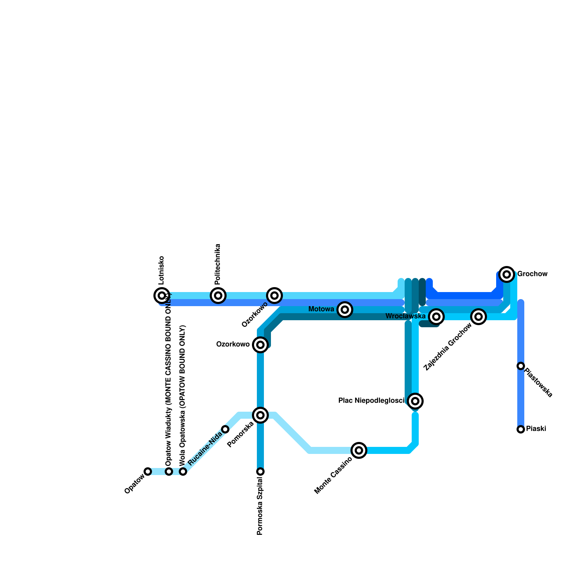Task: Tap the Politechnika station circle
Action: pyautogui.click(x=218, y=296)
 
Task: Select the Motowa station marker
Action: pyautogui.click(x=345, y=310)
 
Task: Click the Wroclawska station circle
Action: pyautogui.click(x=436, y=317)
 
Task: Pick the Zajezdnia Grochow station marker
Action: pyautogui.click(x=479, y=317)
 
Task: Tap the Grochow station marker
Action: pyautogui.click(x=507, y=274)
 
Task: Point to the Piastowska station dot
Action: pyautogui.click(x=521, y=366)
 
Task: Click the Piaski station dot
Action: pyautogui.click(x=521, y=429)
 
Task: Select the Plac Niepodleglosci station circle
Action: pyautogui.click(x=415, y=401)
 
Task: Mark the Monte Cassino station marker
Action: pyautogui.click(x=359, y=450)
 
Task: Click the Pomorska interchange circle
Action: pyautogui.click(x=260, y=415)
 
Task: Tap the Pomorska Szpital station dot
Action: pyautogui.click(x=260, y=472)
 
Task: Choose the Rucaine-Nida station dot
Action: pyautogui.click(x=225, y=429)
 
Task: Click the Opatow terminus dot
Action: pyautogui.click(x=148, y=472)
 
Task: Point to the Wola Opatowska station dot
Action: pyautogui.click(x=183, y=472)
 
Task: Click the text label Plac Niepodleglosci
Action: pyautogui.click(x=371, y=401)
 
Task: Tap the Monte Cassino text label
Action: pyautogui.click(x=333, y=475)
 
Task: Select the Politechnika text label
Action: pyautogui.click(x=217, y=264)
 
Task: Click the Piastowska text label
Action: pyautogui.click(x=538, y=382)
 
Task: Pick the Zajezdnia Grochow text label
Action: pyautogui.click(x=448, y=348)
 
